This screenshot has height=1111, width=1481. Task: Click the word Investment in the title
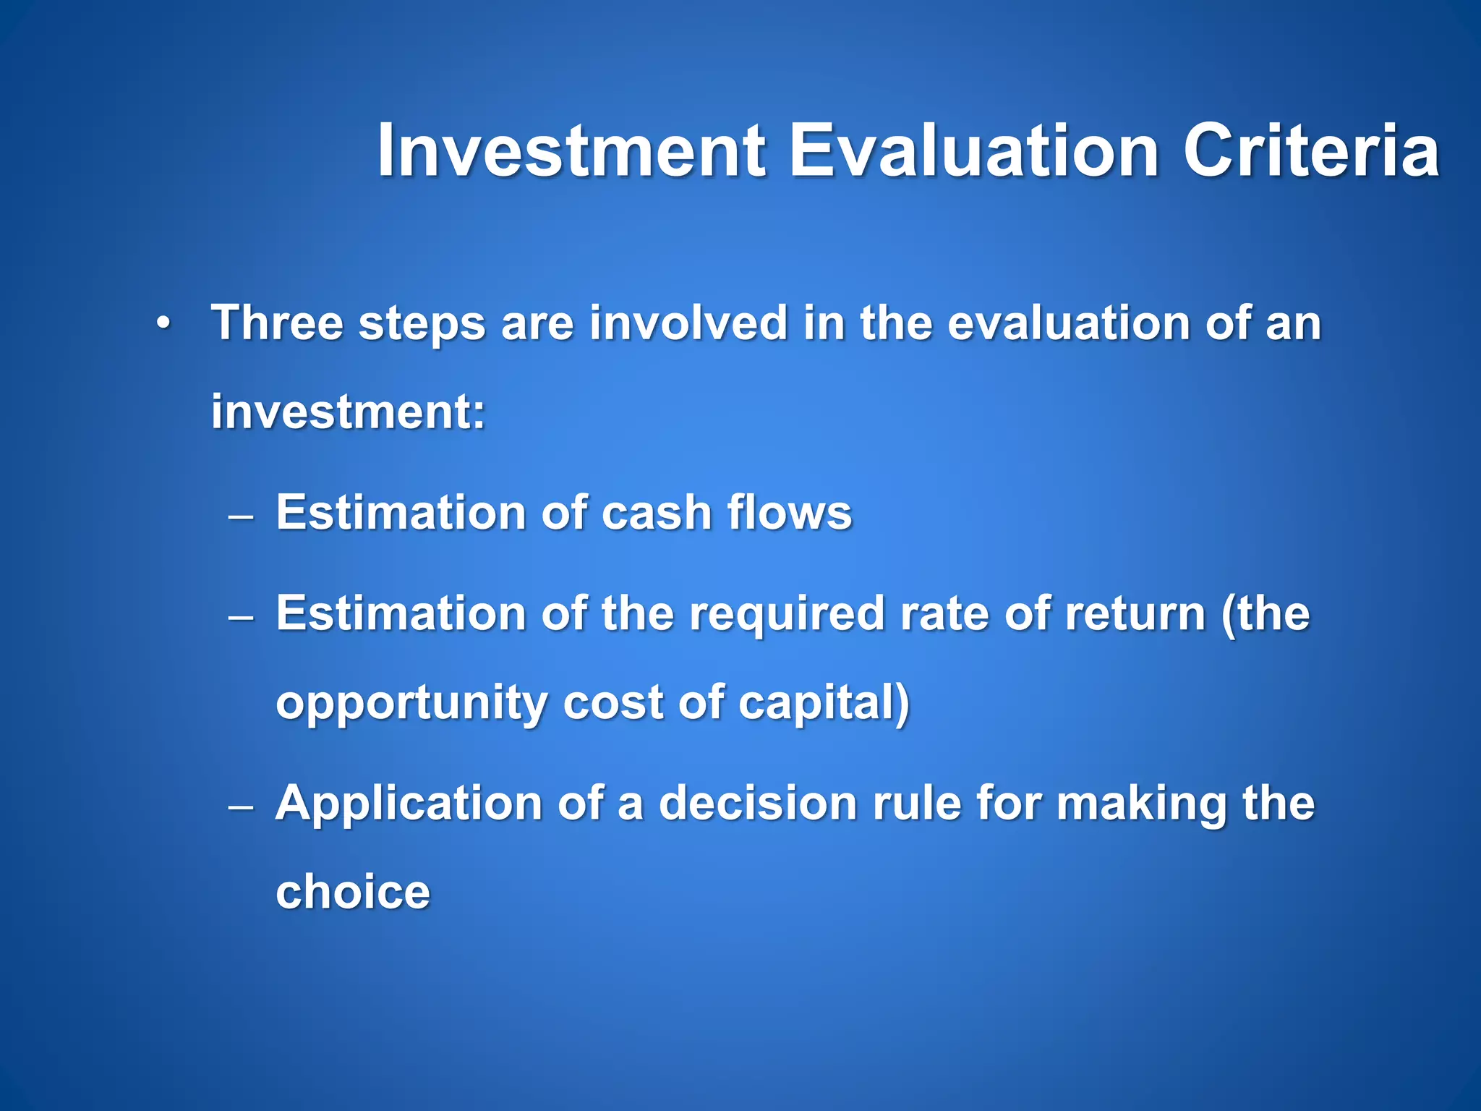[x=571, y=152]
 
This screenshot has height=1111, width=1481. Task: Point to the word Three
[x=276, y=323]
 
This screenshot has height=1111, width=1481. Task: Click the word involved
[x=688, y=323]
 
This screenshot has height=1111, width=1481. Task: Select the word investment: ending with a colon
[x=348, y=412]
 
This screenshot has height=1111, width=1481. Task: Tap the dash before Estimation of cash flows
[x=240, y=516]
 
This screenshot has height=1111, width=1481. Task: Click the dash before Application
[x=240, y=807]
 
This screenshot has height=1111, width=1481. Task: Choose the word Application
[x=409, y=804]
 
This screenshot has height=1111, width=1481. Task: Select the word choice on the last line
[x=353, y=893]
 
